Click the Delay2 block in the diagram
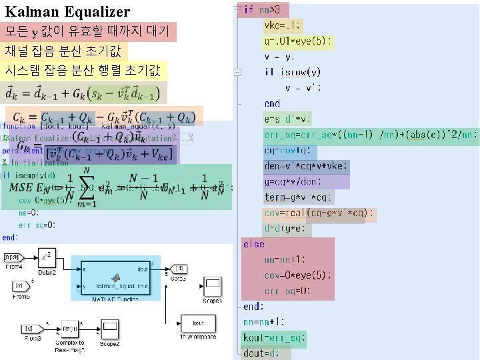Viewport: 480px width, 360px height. click(x=46, y=257)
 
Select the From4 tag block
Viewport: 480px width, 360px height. click(x=14, y=257)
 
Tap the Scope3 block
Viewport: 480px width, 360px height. click(x=213, y=287)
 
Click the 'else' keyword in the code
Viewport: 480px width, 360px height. click(x=253, y=244)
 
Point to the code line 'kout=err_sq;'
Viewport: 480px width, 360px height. click(x=274, y=337)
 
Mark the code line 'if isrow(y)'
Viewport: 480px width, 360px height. click(x=293, y=71)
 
